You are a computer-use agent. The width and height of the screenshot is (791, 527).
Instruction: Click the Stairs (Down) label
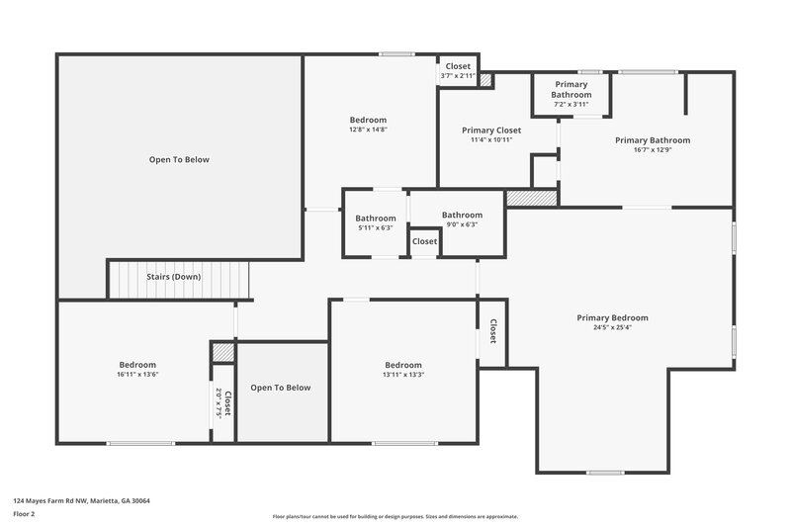pyautogui.click(x=174, y=277)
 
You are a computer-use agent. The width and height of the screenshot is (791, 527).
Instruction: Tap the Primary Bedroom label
pyautogui.click(x=612, y=317)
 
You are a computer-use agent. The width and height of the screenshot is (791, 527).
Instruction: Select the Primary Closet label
pyautogui.click(x=491, y=130)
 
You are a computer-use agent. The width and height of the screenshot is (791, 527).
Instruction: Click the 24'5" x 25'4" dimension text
pyautogui.click(x=612, y=327)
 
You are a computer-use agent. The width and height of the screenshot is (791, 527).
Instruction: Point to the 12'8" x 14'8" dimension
pyautogui.click(x=368, y=130)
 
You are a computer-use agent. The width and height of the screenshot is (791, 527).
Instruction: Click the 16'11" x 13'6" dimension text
pyautogui.click(x=137, y=375)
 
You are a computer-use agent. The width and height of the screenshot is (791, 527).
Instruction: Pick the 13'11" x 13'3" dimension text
pyautogui.click(x=403, y=375)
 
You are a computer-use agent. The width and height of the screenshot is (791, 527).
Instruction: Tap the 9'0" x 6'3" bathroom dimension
pyautogui.click(x=462, y=224)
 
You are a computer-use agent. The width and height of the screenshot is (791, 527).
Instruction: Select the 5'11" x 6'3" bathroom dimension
pyautogui.click(x=376, y=228)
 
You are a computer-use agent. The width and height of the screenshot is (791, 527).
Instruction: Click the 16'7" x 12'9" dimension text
pyautogui.click(x=653, y=150)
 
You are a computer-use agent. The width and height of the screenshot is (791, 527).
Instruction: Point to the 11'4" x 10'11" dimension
pyautogui.click(x=491, y=139)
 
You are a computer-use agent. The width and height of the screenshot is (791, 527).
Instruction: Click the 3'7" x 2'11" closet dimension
pyautogui.click(x=458, y=76)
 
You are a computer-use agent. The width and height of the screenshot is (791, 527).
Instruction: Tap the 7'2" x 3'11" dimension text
pyautogui.click(x=571, y=104)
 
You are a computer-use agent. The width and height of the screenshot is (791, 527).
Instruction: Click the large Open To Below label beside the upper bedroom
pyautogui.click(x=179, y=159)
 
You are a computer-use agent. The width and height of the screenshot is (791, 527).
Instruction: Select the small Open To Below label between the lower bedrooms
pyautogui.click(x=280, y=388)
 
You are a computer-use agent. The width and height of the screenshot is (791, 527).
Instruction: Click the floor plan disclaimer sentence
pyautogui.click(x=395, y=516)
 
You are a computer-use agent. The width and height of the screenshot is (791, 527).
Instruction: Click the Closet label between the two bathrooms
pyautogui.click(x=424, y=241)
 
